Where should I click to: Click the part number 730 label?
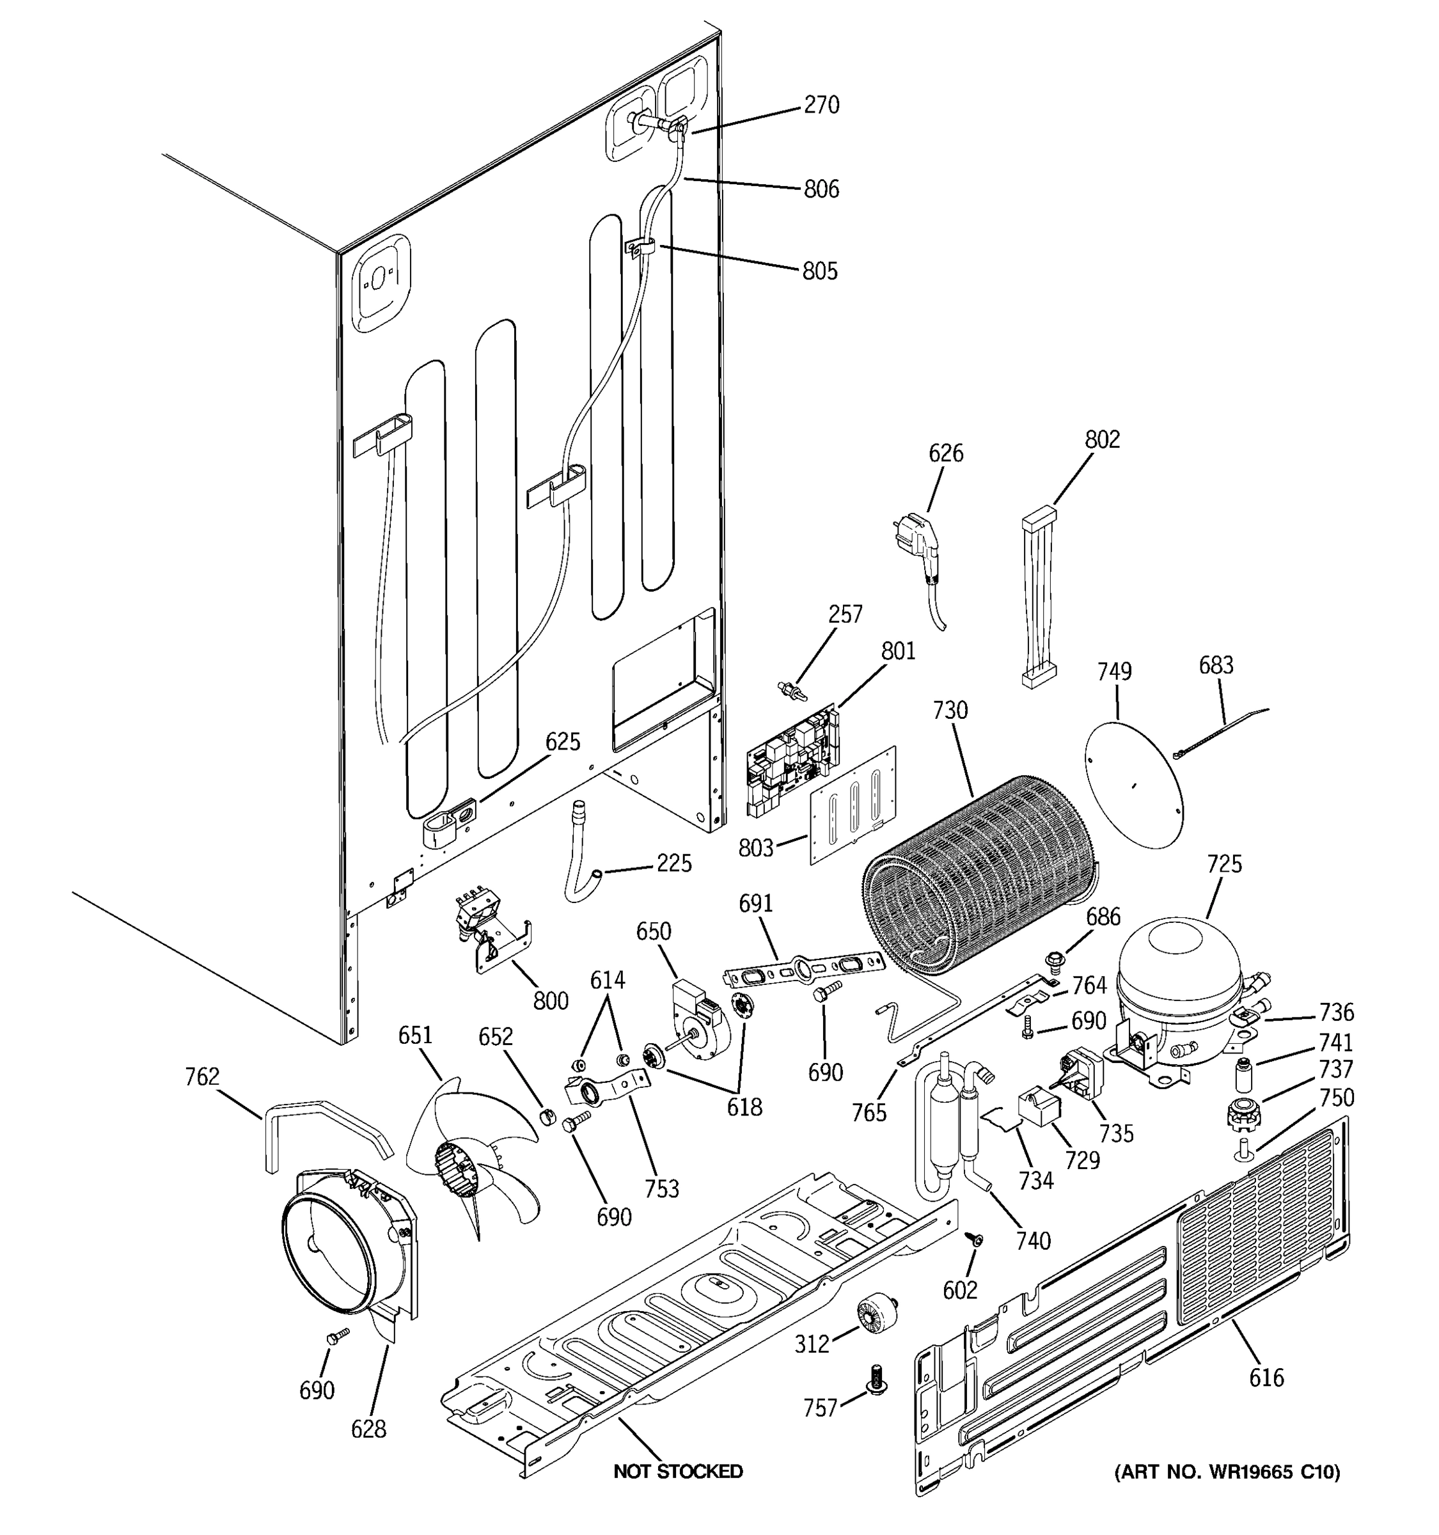click(950, 709)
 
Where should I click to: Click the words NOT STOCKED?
click(678, 1472)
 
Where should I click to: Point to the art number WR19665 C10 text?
click(1227, 1472)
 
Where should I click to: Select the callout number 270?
click(821, 105)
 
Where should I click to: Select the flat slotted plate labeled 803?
click(853, 803)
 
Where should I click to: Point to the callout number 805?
click(819, 271)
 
